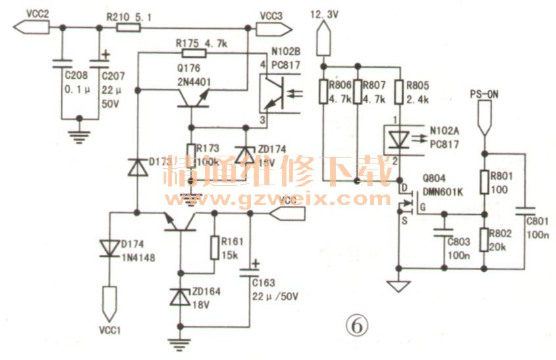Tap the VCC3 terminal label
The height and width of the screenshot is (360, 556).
pos(271,15)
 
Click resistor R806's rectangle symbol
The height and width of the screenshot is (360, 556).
pos(324,91)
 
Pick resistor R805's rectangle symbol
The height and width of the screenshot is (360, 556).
pos(399,91)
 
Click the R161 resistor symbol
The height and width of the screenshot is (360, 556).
pos(214,248)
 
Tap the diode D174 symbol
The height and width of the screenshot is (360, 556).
pos(108,248)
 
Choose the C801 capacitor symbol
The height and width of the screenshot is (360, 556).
pos(525,212)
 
